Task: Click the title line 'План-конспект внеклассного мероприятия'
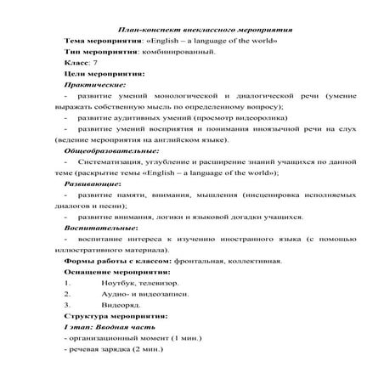(x=192, y=30)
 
